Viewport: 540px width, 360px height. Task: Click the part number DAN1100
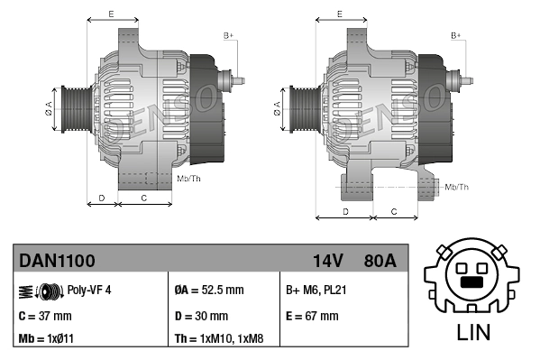click(57, 262)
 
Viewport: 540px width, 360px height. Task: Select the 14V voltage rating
click(327, 262)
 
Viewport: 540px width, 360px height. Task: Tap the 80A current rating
click(379, 262)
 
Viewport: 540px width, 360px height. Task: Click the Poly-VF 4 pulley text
click(89, 291)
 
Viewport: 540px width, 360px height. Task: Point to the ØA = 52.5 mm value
click(208, 291)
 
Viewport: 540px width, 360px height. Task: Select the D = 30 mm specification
click(201, 316)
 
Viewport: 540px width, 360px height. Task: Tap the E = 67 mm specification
click(312, 316)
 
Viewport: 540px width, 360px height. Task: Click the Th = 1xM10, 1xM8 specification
click(220, 340)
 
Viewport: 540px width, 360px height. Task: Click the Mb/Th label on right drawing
click(457, 187)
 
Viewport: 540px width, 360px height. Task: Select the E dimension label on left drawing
click(111, 14)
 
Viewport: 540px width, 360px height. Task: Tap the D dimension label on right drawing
click(346, 210)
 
